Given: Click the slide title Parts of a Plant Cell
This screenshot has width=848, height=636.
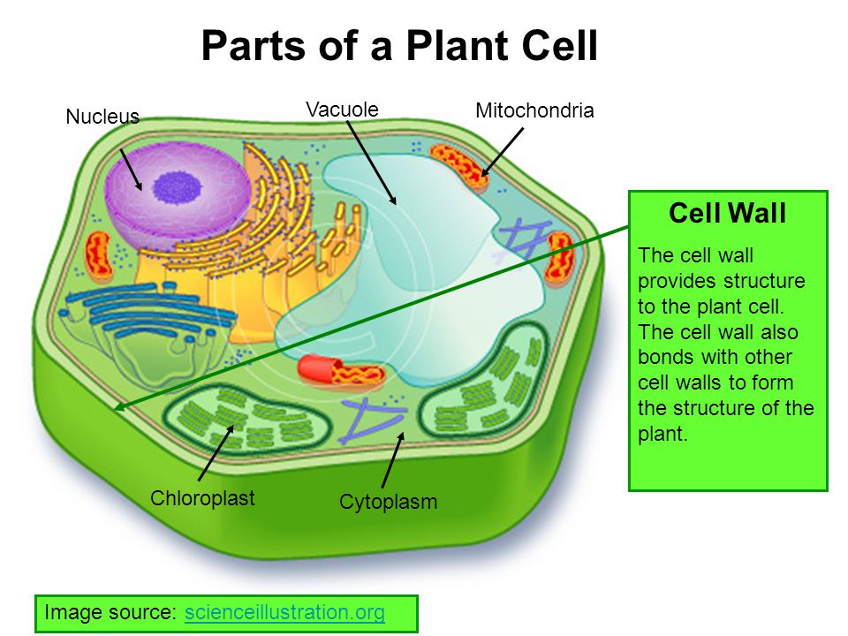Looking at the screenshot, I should tap(399, 46).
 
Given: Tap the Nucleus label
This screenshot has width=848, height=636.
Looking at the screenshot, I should tap(102, 117).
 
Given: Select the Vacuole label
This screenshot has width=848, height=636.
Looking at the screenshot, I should tap(342, 109).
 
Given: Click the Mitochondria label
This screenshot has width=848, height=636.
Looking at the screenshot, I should tap(534, 110).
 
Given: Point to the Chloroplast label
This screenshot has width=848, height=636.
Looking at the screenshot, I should tap(202, 497).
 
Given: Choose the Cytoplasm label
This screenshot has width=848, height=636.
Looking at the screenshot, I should tap(388, 502).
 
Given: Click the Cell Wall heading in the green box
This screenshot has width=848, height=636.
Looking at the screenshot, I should tap(727, 214).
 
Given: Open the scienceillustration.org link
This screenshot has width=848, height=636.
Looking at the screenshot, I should tap(284, 612).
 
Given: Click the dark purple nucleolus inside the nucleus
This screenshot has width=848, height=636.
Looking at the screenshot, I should tap(170, 186).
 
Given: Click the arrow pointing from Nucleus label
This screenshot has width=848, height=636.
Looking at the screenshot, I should tap(129, 169).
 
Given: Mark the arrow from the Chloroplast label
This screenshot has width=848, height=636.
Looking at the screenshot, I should tap(216, 452).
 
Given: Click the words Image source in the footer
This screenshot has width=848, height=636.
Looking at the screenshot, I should tap(111, 612).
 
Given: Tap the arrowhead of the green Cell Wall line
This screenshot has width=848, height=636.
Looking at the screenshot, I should tap(118, 407).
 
